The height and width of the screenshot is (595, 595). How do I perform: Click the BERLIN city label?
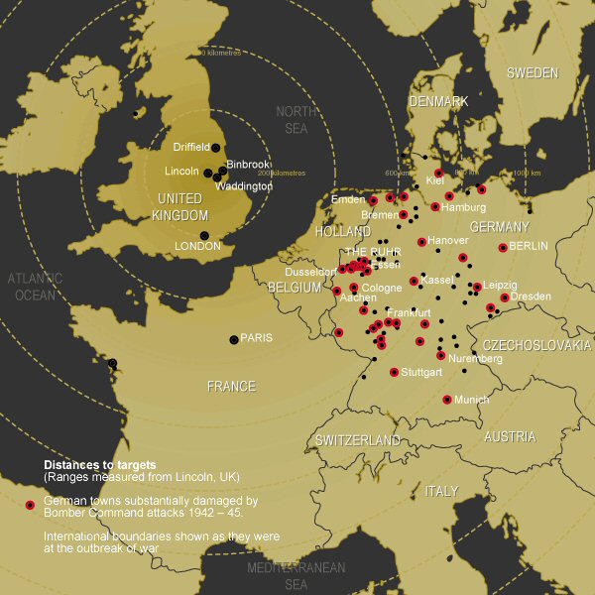click(529, 247)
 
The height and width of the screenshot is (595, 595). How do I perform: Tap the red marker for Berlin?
click(503, 248)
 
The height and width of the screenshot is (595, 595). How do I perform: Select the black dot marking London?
click(204, 235)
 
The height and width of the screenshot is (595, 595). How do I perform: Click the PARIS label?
click(256, 338)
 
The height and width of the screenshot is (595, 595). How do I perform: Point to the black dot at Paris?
click(234, 339)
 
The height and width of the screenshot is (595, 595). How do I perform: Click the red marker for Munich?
click(447, 400)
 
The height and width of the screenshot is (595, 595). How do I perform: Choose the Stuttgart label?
click(423, 373)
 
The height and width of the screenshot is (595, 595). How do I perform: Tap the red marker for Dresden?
click(505, 297)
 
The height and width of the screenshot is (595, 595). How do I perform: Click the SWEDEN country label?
click(534, 72)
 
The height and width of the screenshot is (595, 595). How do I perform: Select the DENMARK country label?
click(438, 101)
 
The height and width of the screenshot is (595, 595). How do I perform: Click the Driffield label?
click(190, 147)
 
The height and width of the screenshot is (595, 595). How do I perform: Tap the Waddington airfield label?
click(243, 186)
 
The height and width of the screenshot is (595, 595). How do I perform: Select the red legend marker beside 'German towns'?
click(31, 506)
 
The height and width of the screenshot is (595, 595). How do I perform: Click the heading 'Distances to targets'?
click(99, 464)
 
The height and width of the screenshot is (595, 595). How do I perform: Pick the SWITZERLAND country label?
click(358, 440)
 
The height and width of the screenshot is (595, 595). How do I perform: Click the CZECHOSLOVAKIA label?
click(536, 345)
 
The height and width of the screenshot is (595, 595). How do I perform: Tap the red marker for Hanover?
click(421, 242)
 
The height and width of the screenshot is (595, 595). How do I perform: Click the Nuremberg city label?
click(475, 359)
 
